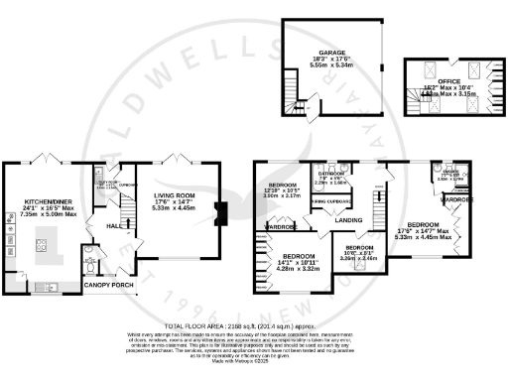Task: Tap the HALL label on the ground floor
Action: coord(116,226)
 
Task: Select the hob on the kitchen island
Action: coord(45,241)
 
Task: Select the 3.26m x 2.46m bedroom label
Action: coord(360,255)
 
